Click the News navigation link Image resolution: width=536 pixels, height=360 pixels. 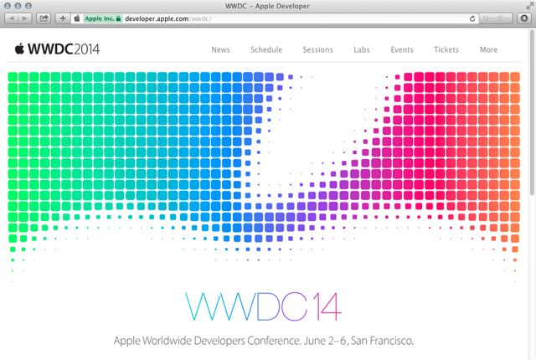pos(220,50)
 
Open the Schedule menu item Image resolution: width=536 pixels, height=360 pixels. pos(266,50)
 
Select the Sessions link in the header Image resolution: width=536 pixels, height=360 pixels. pos(317,50)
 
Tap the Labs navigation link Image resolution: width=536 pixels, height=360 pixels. pos(362,50)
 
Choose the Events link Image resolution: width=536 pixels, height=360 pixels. pos(402,50)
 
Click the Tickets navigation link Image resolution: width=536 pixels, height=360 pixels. pos(446,50)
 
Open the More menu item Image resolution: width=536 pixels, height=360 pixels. pos(488,50)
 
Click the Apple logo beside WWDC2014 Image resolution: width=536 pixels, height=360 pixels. pos(19,49)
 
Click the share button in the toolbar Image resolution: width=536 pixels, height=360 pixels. pos(44,18)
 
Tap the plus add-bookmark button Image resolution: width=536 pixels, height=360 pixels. pos(63,18)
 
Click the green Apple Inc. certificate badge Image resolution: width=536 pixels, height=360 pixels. pos(103,18)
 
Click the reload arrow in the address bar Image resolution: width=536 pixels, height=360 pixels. pos(472,18)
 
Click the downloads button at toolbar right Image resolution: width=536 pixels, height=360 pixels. pos(524,18)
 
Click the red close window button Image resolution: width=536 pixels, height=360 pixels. pos(8,6)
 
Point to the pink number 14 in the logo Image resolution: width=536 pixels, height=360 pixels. pos(328,306)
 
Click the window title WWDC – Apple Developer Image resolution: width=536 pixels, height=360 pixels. pos(267,6)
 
